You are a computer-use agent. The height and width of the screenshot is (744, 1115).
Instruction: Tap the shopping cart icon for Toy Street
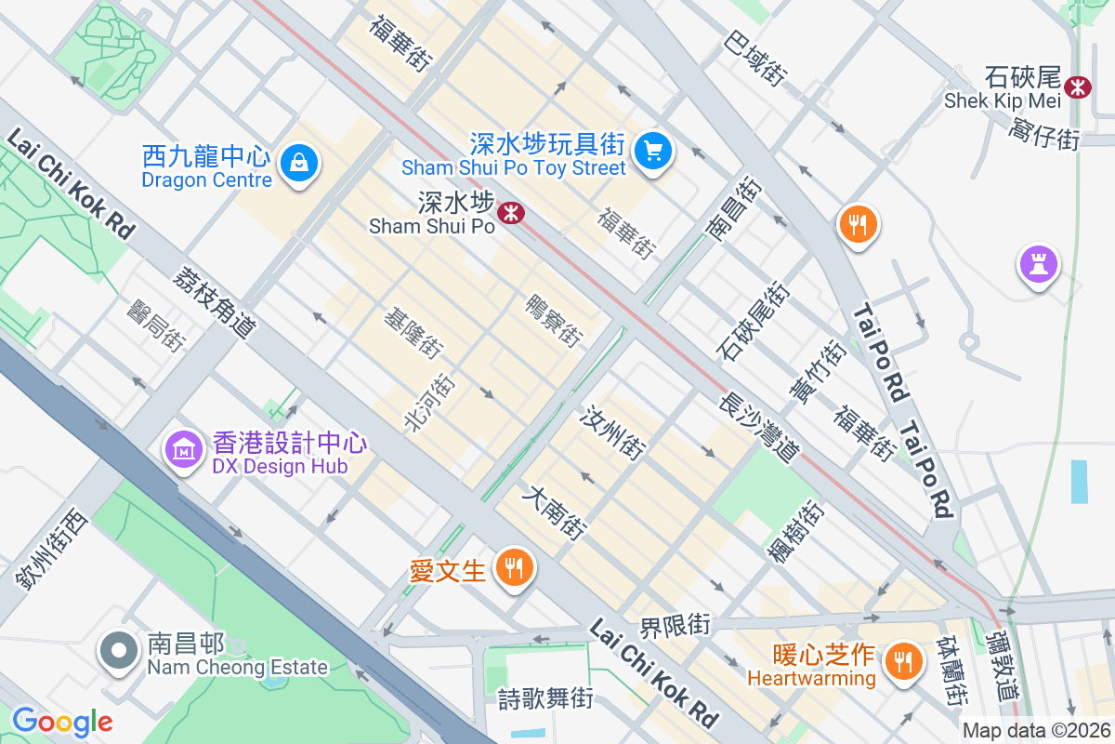coord(653,150)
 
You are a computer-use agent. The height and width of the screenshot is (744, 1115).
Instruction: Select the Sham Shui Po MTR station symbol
coord(510,213)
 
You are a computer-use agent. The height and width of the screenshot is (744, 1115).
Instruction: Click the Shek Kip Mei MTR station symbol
coord(1078,86)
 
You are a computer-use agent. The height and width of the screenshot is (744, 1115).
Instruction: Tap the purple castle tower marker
coord(1038,263)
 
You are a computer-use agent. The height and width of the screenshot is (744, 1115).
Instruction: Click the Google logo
coord(62,722)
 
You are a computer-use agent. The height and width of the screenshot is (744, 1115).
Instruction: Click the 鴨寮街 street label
coord(554,320)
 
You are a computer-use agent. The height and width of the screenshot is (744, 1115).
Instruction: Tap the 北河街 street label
coord(429,402)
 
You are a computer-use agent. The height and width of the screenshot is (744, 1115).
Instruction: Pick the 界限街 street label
coord(675,625)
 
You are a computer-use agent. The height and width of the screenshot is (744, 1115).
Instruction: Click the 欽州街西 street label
coord(50,549)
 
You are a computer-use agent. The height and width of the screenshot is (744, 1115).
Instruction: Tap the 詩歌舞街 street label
coord(545,697)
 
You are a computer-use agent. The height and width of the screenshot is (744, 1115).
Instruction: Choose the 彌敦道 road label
coord(1002,667)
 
